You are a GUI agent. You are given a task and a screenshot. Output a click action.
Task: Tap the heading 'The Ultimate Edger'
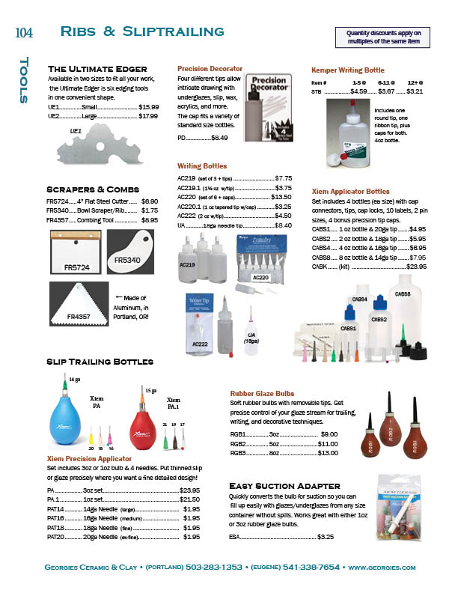coord(97,69)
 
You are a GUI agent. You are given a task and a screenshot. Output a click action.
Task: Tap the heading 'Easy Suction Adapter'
coord(284,485)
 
